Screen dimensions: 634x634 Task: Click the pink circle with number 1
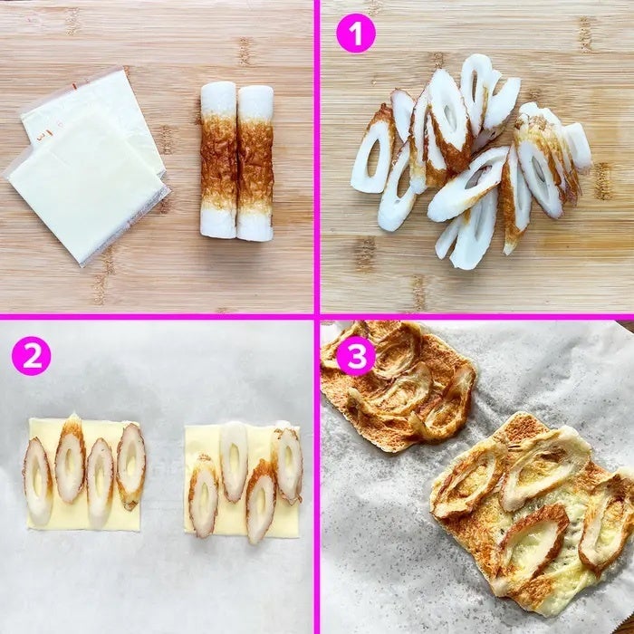[356, 34]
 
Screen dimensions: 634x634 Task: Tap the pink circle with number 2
[32, 356]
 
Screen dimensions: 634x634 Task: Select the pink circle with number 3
[356, 356]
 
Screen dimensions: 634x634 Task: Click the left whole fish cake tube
[218, 160]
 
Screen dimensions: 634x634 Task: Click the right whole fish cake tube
[255, 163]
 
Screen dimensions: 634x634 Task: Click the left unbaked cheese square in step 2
[83, 475]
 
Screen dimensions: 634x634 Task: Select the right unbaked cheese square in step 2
[242, 480]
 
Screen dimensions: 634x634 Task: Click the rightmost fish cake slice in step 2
[288, 465]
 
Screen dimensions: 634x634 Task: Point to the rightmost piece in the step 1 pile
[579, 146]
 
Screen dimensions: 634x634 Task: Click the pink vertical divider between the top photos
[317, 157]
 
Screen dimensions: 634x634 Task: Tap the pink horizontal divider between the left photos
[157, 317]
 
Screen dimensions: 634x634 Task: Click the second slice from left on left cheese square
[70, 458]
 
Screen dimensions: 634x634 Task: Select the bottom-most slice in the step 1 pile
[474, 230]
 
